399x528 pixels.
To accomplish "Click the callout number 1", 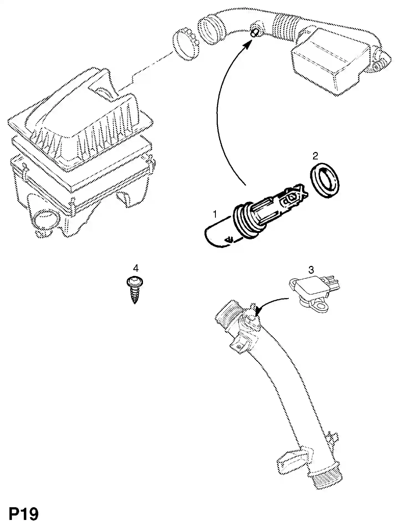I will (215, 214).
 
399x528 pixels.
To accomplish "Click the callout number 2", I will (315, 156).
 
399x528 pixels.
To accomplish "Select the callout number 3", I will (311, 269).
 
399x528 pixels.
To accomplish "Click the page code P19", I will (24, 514).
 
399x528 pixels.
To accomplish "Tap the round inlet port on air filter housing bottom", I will (47, 219).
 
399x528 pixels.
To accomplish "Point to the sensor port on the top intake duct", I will (255, 31).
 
